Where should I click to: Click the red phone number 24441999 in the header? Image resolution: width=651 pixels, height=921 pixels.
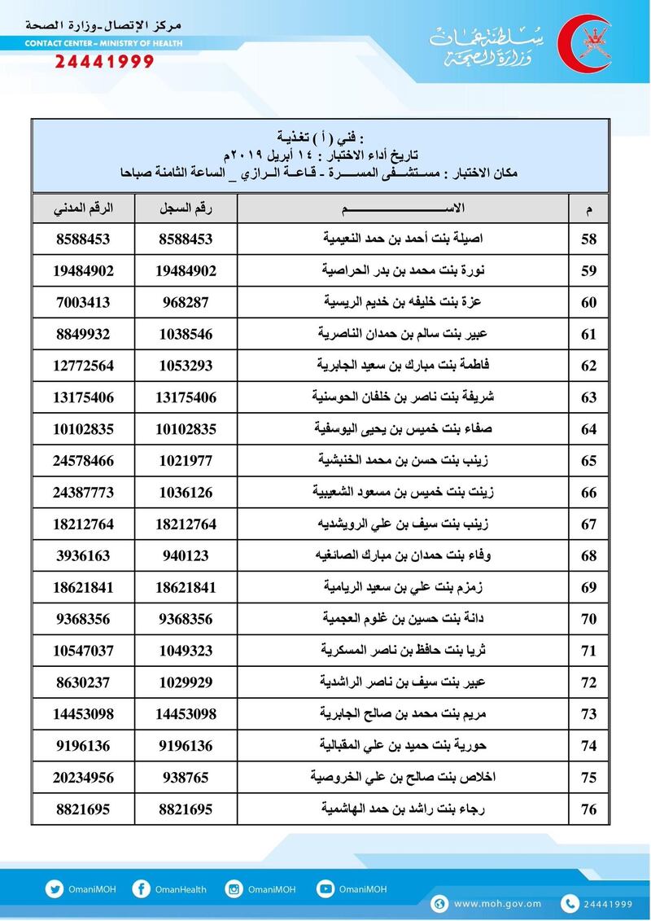coord(104,61)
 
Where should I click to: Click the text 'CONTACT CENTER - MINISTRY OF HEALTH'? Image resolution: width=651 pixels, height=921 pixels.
coord(103,43)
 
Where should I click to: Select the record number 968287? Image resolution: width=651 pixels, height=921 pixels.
coord(186,302)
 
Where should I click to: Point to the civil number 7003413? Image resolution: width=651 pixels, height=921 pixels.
coord(83,302)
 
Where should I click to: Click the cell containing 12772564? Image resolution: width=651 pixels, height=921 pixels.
coord(83,366)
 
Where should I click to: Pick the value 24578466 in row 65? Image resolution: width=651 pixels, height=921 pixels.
coord(83,461)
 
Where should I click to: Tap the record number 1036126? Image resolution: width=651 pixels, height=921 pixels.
coord(186,493)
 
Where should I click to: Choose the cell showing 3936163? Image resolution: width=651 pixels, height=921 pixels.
coord(83,556)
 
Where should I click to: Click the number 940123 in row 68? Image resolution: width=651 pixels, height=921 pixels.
coord(186,556)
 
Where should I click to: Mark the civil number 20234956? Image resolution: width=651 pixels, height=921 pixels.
coord(83,778)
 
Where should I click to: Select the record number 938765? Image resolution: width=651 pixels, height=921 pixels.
coord(186,778)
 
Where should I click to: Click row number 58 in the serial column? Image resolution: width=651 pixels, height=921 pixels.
coord(589,239)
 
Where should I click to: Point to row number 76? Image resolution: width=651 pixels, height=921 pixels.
coord(589,809)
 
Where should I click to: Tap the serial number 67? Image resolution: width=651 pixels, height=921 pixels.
coord(589,524)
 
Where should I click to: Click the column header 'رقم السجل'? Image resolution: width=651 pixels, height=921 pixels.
coord(186,208)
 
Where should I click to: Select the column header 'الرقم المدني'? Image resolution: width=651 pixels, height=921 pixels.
coord(83,208)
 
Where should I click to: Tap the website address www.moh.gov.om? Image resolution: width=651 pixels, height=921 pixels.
coord(497,904)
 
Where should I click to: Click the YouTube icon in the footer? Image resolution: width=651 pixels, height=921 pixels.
coord(325,889)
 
